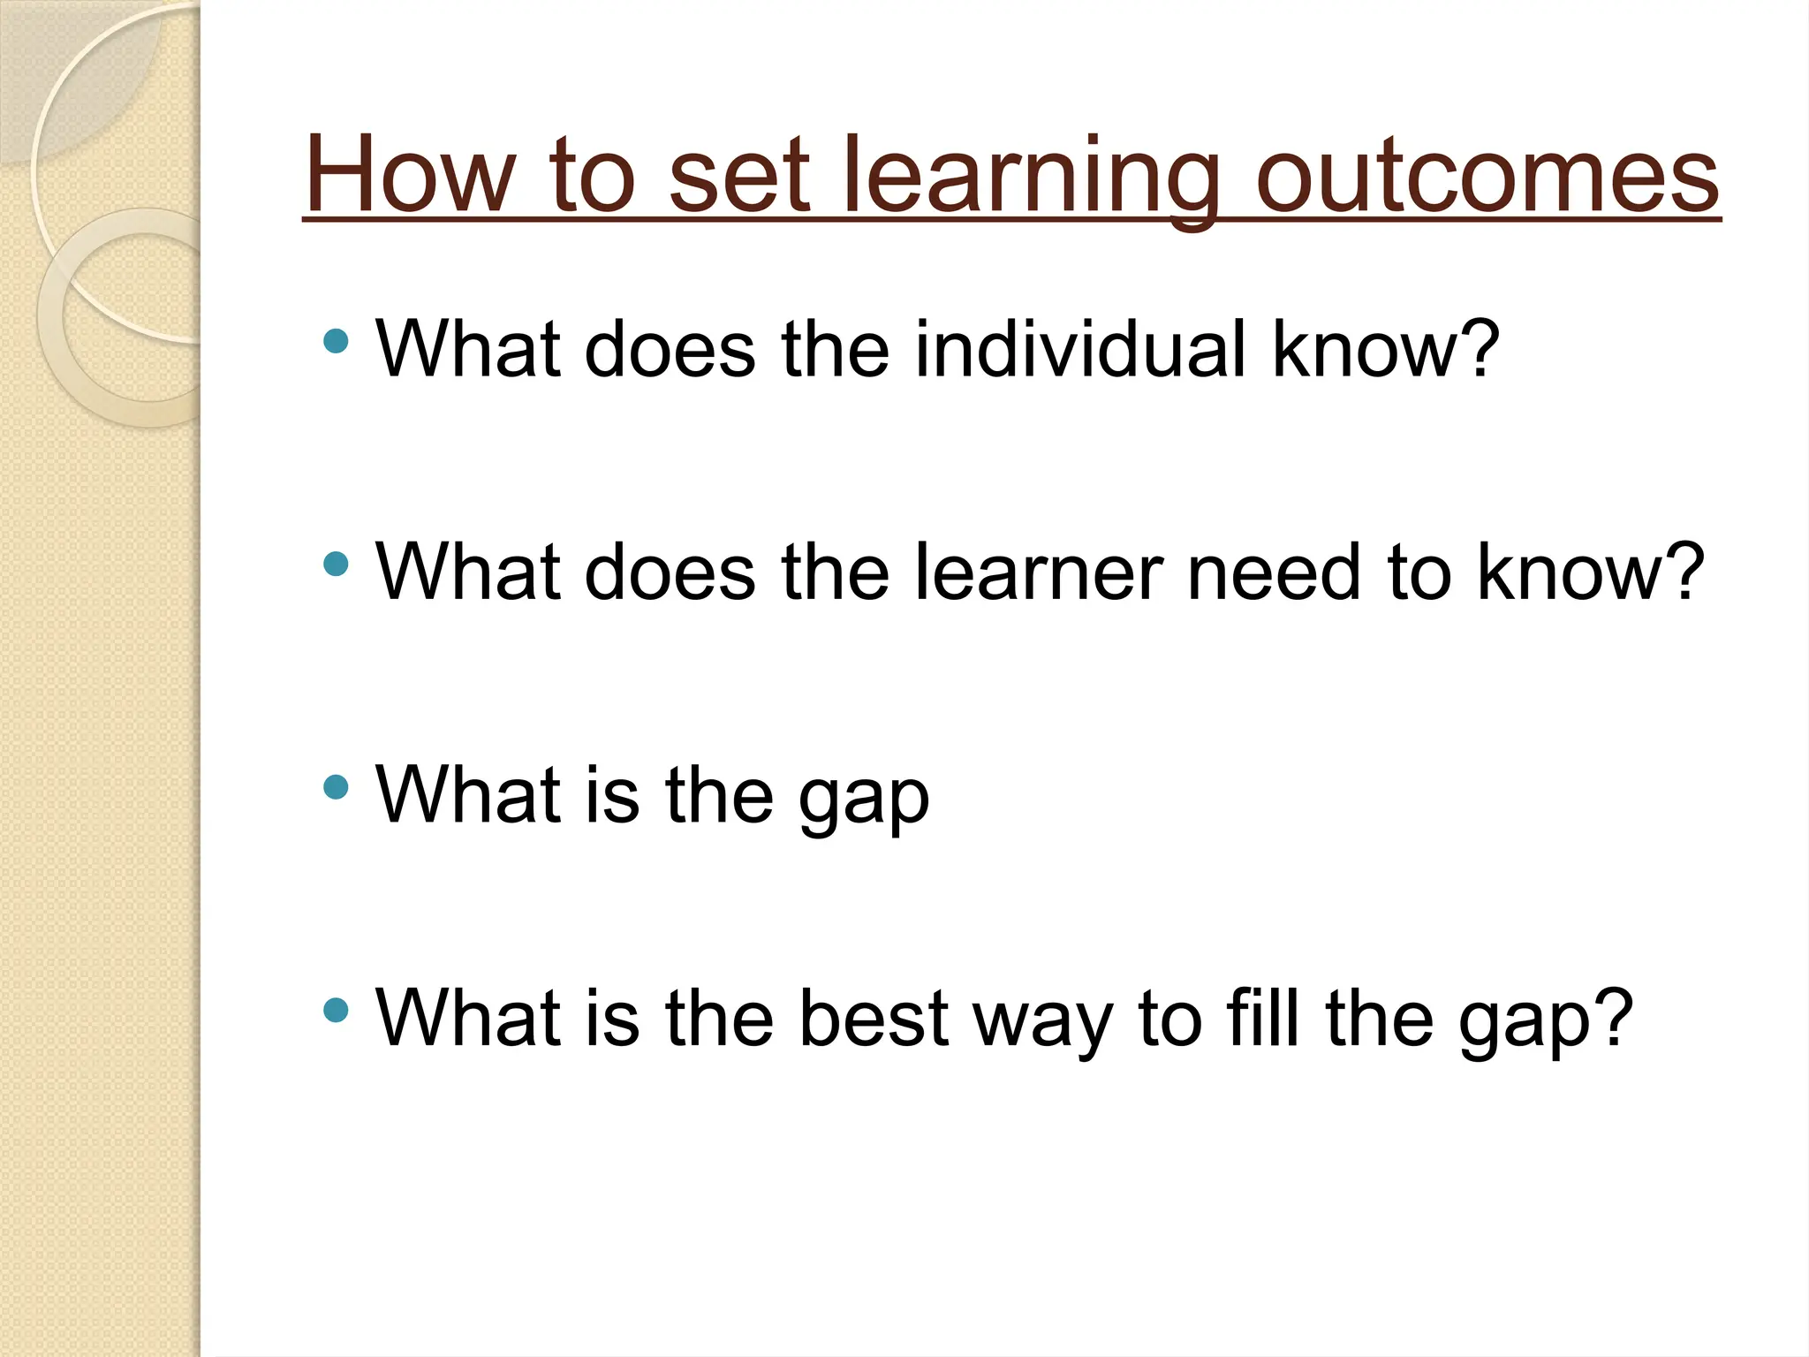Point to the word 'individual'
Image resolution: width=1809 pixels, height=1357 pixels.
[1080, 350]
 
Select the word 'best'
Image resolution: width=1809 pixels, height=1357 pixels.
[874, 1019]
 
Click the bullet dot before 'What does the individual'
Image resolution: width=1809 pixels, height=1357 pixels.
[336, 341]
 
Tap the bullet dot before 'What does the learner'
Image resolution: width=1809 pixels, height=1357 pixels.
[336, 564]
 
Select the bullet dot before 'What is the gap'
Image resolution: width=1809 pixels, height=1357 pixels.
[336, 786]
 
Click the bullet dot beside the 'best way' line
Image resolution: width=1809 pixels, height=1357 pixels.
[336, 1009]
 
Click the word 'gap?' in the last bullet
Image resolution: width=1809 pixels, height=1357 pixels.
[1545, 1023]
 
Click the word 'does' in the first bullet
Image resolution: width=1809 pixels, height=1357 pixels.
[670, 350]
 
